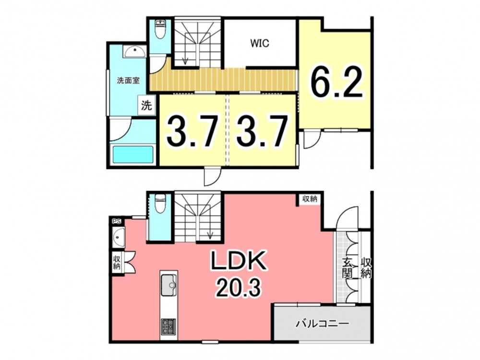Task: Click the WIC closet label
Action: (260, 43)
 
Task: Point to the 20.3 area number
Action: (238, 288)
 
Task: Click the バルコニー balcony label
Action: (322, 324)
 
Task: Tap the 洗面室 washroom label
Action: (128, 81)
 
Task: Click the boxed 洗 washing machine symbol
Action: (146, 105)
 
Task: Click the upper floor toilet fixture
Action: (160, 29)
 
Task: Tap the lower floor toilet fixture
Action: (160, 204)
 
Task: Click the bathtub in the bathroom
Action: (133, 155)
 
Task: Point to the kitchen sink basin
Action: (169, 285)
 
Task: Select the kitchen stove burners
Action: (168, 326)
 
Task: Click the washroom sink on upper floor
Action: (135, 52)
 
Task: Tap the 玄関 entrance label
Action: (347, 268)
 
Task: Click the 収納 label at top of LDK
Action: (309, 199)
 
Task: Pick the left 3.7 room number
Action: (192, 131)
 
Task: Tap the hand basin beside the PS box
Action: (119, 237)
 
